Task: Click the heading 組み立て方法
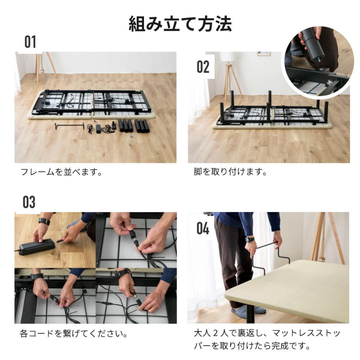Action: (x=180, y=24)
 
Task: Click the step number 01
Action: (x=30, y=42)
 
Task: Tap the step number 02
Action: (x=203, y=67)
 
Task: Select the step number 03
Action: (x=29, y=202)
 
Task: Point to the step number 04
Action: (x=203, y=228)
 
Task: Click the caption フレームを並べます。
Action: (x=61, y=172)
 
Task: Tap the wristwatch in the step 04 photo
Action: (x=250, y=240)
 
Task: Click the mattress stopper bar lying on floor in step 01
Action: (x=69, y=126)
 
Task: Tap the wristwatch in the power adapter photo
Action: (x=44, y=221)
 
